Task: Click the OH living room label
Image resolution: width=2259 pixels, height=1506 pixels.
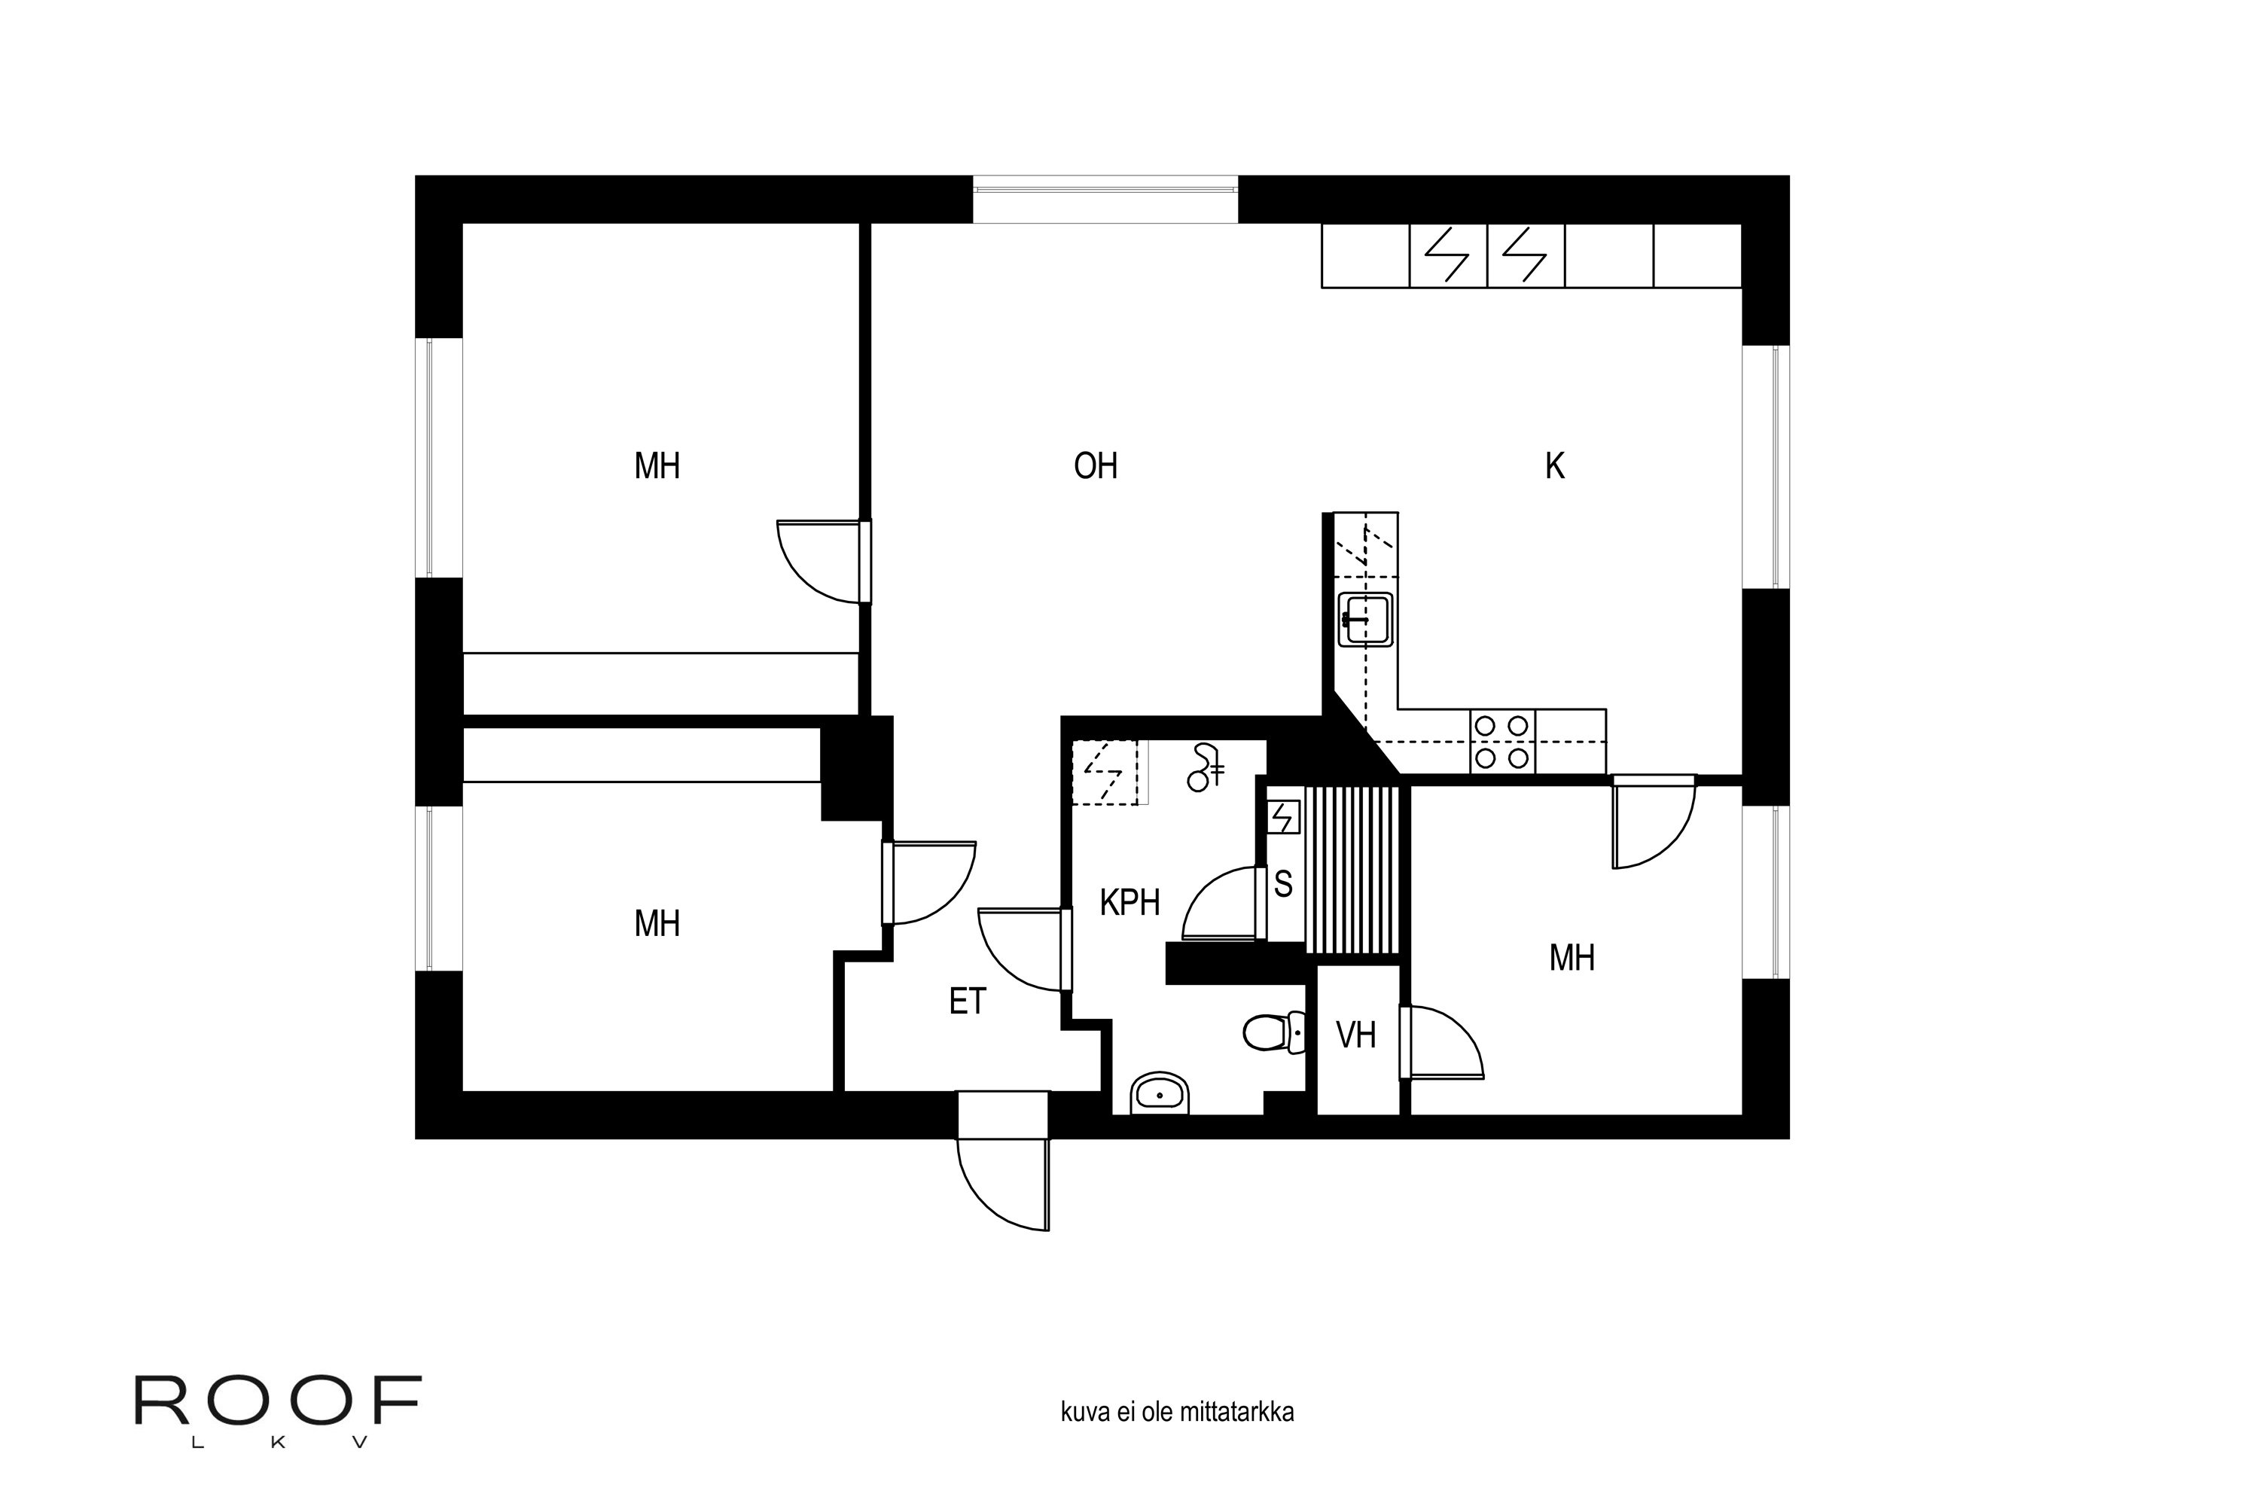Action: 1095,467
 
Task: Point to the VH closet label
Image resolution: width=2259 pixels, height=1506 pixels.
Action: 1356,1035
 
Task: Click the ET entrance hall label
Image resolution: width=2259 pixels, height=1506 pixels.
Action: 967,1001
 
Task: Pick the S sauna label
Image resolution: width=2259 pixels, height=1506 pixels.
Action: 1283,883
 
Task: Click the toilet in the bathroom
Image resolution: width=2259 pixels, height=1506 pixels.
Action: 1273,1032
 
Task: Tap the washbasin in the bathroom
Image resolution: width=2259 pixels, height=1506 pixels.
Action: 1160,1093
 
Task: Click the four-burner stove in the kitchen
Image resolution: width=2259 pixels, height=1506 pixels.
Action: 1502,742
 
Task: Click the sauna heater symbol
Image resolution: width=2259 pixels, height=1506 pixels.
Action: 1283,817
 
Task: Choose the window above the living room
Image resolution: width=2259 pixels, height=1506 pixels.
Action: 1105,200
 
